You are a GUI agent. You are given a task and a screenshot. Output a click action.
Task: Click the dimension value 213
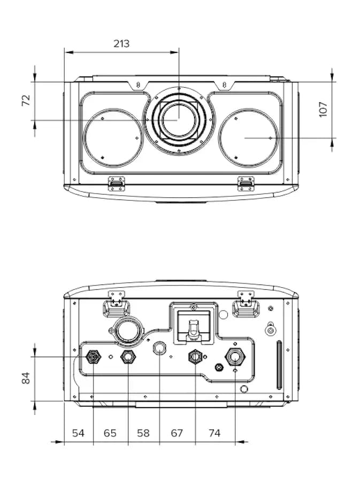coord(121,44)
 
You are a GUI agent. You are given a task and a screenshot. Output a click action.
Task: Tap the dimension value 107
coord(323,110)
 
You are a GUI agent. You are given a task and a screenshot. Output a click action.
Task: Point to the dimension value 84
coord(26,378)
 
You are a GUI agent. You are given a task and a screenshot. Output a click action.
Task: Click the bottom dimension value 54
coord(78,433)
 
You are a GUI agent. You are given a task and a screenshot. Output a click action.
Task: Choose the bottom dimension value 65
coord(110,433)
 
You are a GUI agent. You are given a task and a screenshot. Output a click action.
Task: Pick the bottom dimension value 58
coord(143,433)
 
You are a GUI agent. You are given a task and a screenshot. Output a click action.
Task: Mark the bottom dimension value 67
coord(177,433)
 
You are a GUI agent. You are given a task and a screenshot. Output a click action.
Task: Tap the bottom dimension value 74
coord(215,433)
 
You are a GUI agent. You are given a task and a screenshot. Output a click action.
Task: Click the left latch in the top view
coord(117,184)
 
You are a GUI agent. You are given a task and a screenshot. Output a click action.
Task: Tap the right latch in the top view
coord(246,184)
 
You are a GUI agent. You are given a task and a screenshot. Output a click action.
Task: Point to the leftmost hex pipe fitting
coord(93,357)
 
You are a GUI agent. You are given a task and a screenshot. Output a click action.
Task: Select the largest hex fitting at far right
coord(235,357)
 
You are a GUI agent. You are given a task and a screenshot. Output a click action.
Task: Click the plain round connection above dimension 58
coord(159,348)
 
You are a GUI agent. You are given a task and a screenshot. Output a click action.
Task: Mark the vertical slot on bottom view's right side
coord(279,365)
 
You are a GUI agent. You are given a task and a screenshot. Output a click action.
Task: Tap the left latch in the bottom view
coord(117,304)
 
